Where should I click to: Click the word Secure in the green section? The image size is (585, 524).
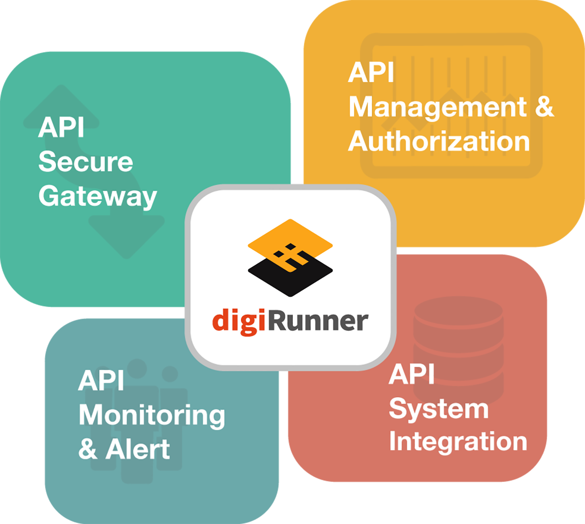coord(85,162)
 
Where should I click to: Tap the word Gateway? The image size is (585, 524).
coord(98,196)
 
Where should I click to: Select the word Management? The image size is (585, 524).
coord(437,107)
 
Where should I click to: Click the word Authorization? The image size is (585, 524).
coord(439,141)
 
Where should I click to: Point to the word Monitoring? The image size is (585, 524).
coord(152,416)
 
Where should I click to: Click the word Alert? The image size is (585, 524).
coord(138,449)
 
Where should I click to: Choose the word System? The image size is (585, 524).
coord(438,409)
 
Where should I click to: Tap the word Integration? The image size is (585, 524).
coord(458,442)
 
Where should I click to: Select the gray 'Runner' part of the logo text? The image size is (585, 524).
coord(318,321)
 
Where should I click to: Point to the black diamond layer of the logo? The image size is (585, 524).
coord(290,282)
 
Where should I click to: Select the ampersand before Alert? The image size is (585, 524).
coord(88,449)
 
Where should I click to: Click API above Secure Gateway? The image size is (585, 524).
coord(61,128)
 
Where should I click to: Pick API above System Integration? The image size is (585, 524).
coord(411,374)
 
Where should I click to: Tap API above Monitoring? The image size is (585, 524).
coord(101,381)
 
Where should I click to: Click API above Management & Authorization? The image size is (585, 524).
coord(371,73)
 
